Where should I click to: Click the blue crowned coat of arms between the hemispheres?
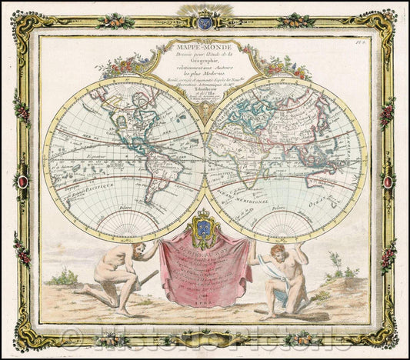tap(205, 228)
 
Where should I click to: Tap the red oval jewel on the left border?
tap(22, 182)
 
